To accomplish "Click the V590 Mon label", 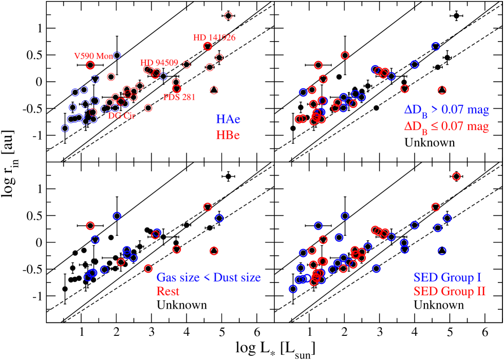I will click(91, 56).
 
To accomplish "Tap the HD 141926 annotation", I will click(214, 38).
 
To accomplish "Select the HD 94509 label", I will click(160, 63).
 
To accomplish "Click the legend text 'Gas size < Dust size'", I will click(209, 278).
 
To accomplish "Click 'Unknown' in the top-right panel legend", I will click(430, 142).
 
